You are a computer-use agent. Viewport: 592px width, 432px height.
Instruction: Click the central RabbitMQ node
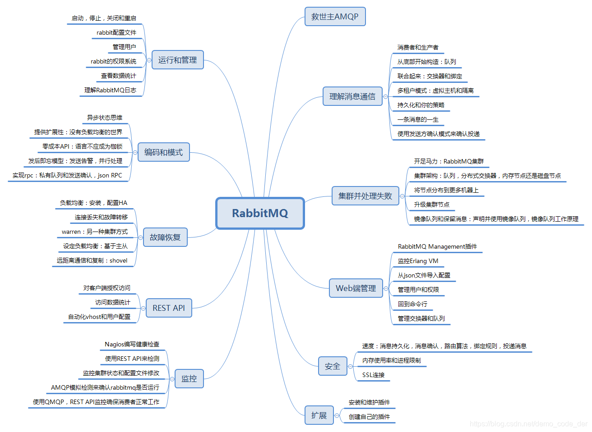pyautogui.click(x=260, y=213)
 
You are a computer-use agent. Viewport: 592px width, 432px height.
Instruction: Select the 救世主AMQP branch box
pyautogui.click(x=335, y=17)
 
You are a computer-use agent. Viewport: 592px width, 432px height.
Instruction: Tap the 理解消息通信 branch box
pyautogui.click(x=352, y=96)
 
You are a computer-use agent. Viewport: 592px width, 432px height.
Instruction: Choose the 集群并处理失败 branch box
pyautogui.click(x=365, y=196)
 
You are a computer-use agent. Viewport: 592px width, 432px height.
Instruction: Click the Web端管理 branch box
pyautogui.click(x=356, y=288)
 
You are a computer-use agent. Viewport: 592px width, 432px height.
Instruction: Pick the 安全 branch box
pyautogui.click(x=333, y=366)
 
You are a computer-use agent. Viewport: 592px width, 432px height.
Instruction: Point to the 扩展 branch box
pyautogui.click(x=319, y=415)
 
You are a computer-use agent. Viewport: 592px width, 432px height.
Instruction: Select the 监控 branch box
pyautogui.click(x=189, y=378)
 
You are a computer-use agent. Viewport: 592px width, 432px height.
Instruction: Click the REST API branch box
pyautogui.click(x=169, y=308)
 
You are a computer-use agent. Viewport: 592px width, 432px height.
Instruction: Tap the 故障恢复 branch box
pyautogui.click(x=165, y=237)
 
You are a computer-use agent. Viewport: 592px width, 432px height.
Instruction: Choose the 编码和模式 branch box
pyautogui.click(x=163, y=152)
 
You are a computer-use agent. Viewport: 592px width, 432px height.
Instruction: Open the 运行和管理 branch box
pyautogui.click(x=177, y=60)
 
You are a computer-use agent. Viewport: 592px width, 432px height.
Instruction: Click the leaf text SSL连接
pyautogui.click(x=374, y=375)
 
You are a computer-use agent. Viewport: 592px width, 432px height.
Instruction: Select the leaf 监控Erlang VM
pyautogui.click(x=418, y=261)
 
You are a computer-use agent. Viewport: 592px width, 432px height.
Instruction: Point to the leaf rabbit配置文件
pyautogui.click(x=116, y=32)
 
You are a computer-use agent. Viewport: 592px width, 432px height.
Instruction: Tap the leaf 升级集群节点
pyautogui.click(x=431, y=205)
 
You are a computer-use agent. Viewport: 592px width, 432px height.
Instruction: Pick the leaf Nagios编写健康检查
pyautogui.click(x=132, y=344)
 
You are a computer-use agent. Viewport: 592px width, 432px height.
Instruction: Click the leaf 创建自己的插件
pyautogui.click(x=369, y=417)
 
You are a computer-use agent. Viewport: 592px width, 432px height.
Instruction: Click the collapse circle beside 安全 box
pyautogui.click(x=350, y=367)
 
